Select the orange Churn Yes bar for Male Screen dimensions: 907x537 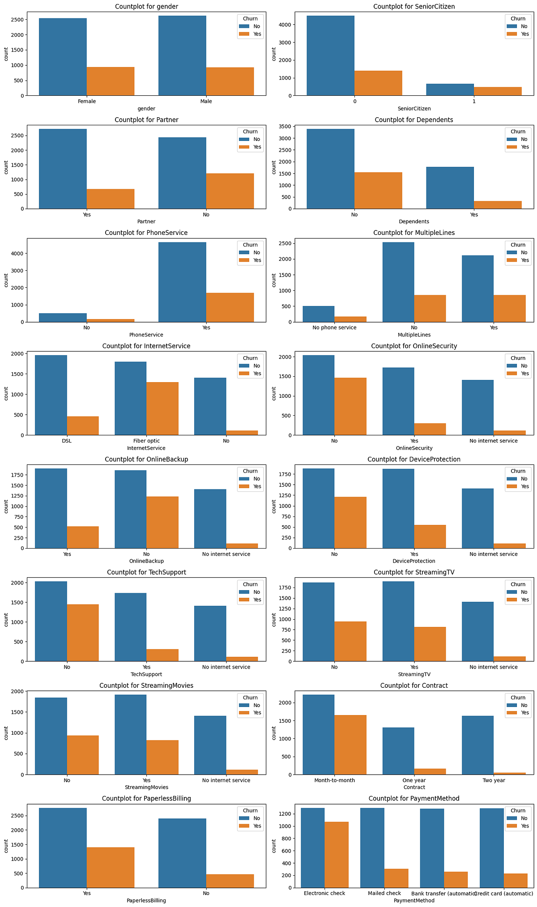coord(230,81)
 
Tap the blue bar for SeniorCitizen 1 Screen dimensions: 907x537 coord(450,89)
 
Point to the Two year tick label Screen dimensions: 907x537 coord(494,780)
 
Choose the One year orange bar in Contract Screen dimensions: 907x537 coord(430,771)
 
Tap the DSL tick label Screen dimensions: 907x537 coord(67,441)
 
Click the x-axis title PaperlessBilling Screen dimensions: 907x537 coord(146,901)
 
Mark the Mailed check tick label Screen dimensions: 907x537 coord(384,894)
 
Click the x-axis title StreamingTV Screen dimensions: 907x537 coord(414,674)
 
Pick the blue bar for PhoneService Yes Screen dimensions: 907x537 coord(183,282)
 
